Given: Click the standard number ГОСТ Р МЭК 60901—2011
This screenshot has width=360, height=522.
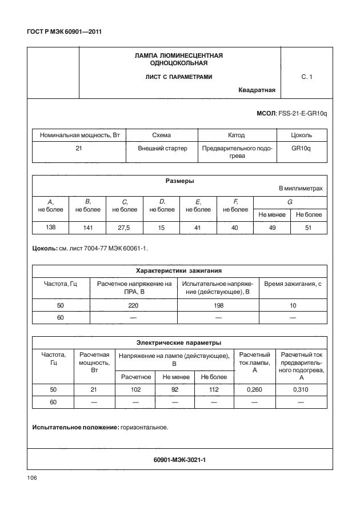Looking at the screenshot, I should (65, 31).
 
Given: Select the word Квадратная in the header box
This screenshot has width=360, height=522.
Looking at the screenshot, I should (257, 90).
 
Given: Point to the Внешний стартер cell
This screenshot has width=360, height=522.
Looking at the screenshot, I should (162, 147).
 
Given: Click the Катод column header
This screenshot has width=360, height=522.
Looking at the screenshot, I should (236, 136).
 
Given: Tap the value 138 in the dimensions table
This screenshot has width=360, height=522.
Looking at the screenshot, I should (50, 228).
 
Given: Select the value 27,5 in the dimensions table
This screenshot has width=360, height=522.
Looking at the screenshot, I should (124, 228).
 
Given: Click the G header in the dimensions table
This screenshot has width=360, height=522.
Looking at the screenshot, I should (290, 202).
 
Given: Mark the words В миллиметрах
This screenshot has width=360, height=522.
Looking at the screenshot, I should (301, 188).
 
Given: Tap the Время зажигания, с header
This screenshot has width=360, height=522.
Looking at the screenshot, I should (293, 283).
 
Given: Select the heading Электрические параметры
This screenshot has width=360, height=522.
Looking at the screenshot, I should (179, 342).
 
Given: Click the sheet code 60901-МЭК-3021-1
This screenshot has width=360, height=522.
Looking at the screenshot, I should (179, 459).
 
